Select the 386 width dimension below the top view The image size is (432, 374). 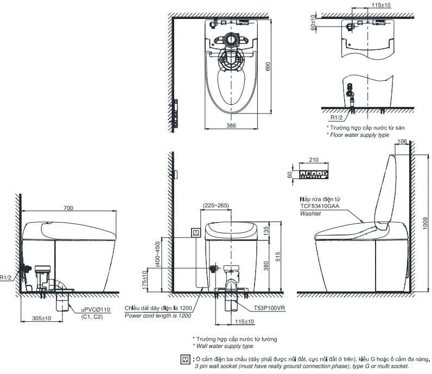(231, 125)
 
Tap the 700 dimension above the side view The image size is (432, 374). (67, 208)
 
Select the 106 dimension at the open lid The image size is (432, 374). (402, 142)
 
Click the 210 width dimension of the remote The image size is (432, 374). (313, 161)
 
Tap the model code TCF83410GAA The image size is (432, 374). (320, 207)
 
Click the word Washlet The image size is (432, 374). (310, 214)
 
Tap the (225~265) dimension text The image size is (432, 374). (215, 206)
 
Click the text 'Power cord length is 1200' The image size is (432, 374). (157, 315)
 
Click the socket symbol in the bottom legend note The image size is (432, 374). (186, 359)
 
